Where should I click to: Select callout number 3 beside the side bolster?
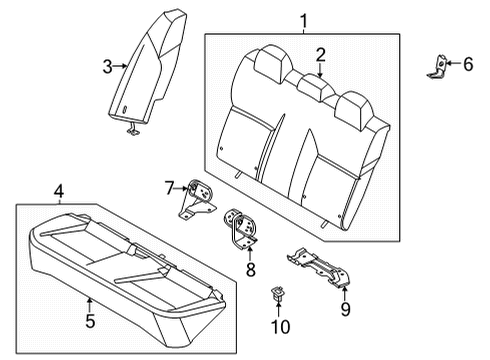(108, 67)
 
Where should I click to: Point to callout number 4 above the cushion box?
(59, 190)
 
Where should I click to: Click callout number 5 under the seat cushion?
(89, 321)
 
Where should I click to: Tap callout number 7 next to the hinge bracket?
(170, 187)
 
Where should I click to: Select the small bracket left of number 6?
(438, 64)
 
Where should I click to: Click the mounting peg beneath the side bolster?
(132, 128)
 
